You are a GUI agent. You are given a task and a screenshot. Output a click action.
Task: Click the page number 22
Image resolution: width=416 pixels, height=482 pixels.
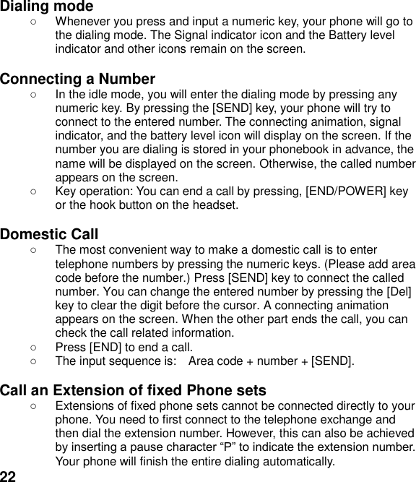pyautogui.click(x=8, y=475)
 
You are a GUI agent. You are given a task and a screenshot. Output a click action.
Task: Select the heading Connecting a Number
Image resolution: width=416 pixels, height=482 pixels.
pyautogui.click(x=78, y=79)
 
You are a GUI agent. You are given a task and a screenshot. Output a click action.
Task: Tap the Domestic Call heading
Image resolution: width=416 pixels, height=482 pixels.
pyautogui.click(x=49, y=234)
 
